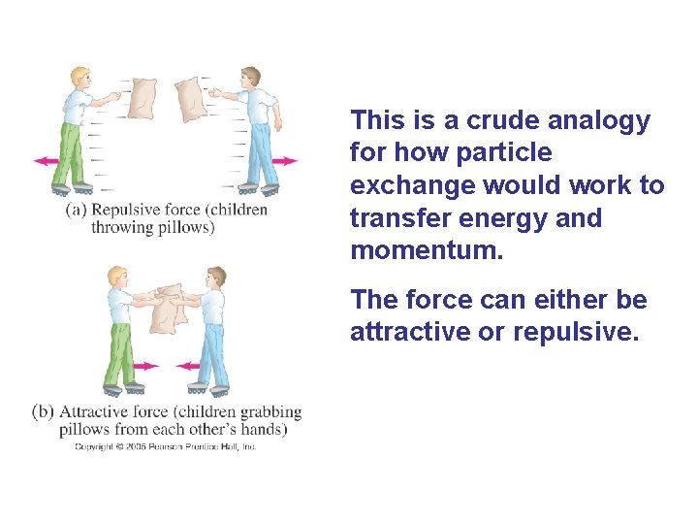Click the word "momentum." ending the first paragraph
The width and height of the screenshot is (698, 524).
[428, 250]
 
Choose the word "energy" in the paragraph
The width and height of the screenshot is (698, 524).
[546, 218]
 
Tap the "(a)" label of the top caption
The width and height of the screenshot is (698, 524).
[78, 210]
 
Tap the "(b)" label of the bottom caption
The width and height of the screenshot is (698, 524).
[43, 411]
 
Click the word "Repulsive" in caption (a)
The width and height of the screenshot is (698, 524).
[130, 210]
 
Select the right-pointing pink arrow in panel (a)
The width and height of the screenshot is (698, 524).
[285, 160]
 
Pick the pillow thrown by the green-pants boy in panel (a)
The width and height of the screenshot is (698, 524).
[142, 97]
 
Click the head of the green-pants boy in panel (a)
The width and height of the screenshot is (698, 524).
[79, 77]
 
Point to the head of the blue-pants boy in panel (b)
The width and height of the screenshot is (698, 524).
[216, 278]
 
